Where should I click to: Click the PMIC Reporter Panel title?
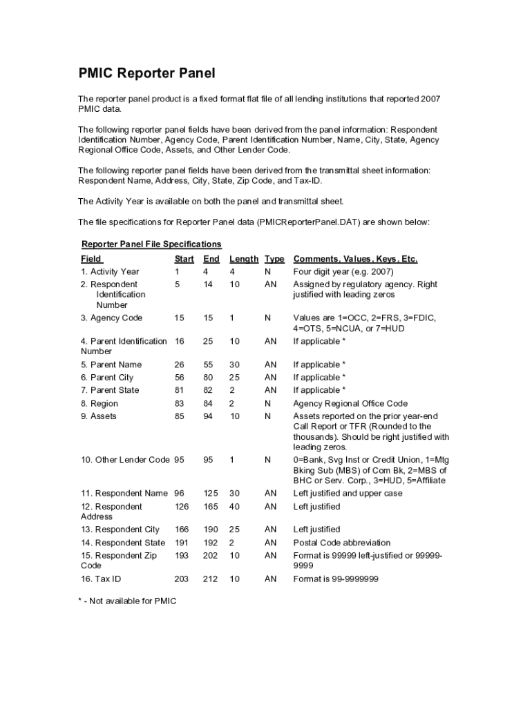coord(146,74)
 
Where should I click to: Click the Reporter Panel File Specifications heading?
coord(151,244)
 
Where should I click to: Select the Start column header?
coord(184,259)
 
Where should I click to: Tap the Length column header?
coord(243,259)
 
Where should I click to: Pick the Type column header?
coord(274,259)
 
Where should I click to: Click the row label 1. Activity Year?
coord(110,271)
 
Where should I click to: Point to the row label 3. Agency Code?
coord(112,318)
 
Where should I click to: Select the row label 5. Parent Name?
coord(111,364)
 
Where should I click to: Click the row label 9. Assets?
coord(99,416)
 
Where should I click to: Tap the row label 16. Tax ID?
coord(101,579)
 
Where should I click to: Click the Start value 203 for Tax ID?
coord(182,579)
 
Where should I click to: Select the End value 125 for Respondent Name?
coord(211,493)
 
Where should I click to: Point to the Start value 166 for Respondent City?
coord(182,530)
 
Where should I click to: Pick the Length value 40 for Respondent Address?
coord(235,506)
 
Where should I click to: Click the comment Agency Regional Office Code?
coord(350,403)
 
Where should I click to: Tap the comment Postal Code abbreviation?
coord(341,543)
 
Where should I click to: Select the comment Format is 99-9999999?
coord(336,579)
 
